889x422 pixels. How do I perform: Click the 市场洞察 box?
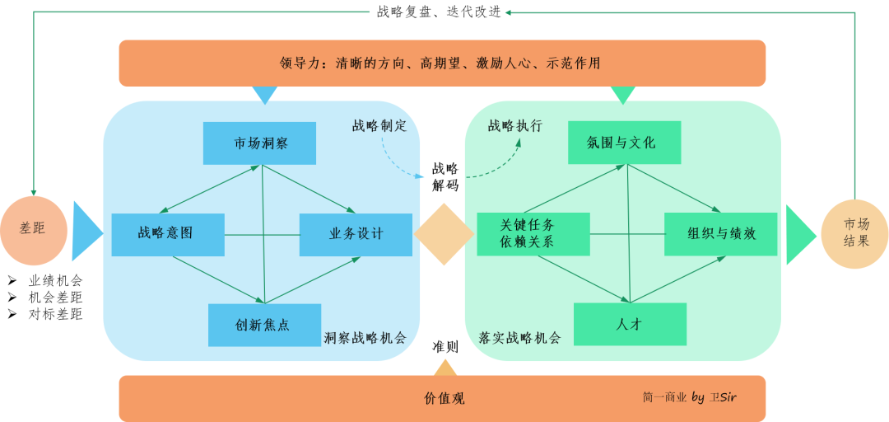click(259, 143)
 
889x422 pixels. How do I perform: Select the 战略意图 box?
click(168, 233)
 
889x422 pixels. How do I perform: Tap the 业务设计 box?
click(356, 233)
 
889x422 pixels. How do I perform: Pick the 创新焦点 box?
click(264, 325)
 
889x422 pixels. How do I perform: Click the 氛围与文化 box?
click(624, 143)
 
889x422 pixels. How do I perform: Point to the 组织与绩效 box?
click(721, 233)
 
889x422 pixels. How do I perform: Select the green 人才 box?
click(630, 324)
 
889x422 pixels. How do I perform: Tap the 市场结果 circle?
click(855, 234)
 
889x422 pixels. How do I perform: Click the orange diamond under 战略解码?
click(444, 234)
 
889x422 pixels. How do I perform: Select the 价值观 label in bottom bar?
click(444, 399)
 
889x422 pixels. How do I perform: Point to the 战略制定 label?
click(379, 126)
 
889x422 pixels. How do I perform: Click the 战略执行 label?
click(515, 126)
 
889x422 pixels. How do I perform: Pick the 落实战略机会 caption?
click(519, 337)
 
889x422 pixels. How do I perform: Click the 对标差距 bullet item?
click(55, 314)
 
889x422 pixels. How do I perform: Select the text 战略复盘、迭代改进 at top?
click(439, 12)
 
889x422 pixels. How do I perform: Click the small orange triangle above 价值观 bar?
click(444, 368)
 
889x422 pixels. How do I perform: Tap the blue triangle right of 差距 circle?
click(86, 232)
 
